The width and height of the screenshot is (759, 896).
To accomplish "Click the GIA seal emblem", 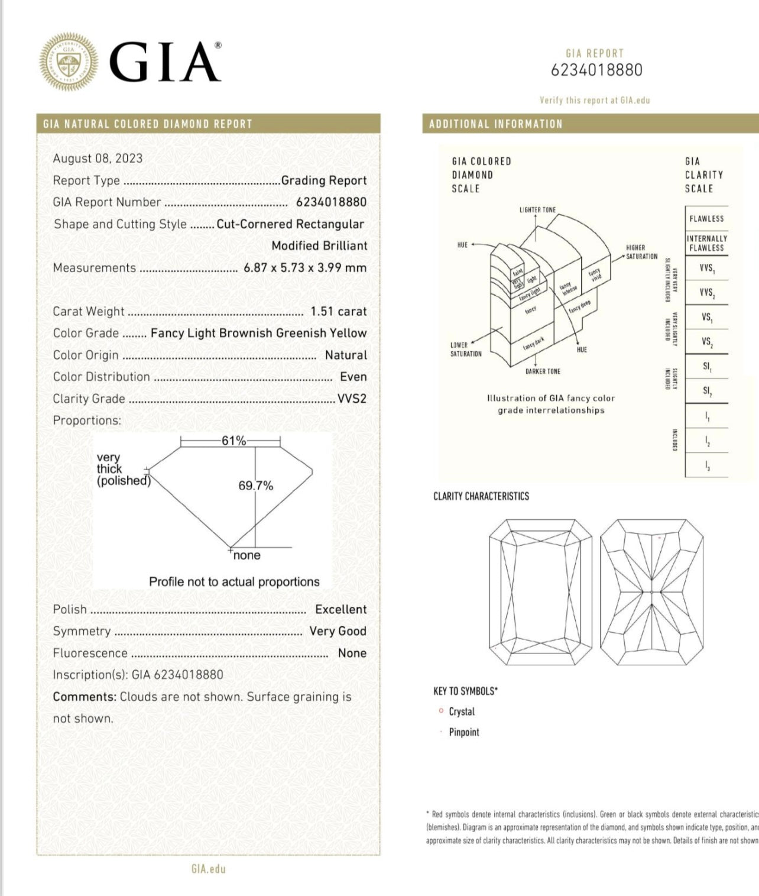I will pos(69,62).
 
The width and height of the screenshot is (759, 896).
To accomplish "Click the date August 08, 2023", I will pos(98,159).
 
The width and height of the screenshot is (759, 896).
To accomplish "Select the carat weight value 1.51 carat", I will pos(339,312).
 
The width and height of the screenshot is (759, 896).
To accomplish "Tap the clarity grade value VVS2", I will pos(352,399).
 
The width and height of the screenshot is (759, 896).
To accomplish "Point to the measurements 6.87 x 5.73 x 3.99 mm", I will pos(305,268).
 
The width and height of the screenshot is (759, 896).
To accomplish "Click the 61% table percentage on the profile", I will pos(233,441).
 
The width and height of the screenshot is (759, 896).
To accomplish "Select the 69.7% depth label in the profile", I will pos(256,486).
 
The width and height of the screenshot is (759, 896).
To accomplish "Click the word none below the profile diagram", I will pos(246,555).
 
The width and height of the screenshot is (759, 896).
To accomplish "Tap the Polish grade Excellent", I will pos(340,610).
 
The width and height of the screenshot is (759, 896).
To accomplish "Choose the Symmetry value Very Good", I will pos(338,631).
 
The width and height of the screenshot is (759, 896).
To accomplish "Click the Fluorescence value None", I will pos(352,653).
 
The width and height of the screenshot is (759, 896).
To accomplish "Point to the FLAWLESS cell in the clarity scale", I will pos(706,219).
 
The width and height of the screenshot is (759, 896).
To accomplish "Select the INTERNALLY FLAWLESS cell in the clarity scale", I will pos(706,243).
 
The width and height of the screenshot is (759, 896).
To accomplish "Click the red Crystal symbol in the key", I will pos(441,711).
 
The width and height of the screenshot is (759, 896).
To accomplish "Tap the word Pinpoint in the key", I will pos(464,732).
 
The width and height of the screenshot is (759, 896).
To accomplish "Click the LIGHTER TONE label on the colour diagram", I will pos(537,210).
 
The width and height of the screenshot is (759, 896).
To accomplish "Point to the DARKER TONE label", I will pos(543,371).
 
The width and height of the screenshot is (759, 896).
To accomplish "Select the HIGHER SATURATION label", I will pos(641,252).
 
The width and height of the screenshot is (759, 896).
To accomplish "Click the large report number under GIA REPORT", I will pos(596,70).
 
